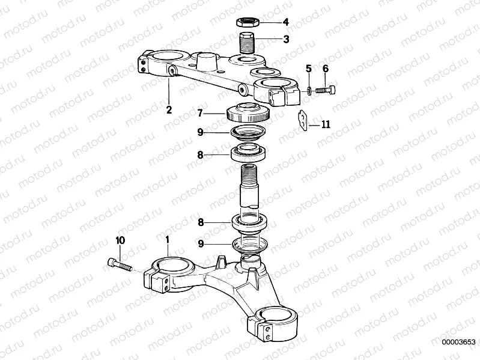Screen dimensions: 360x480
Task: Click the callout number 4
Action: [x=286, y=22]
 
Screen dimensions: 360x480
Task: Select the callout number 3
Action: [x=286, y=40]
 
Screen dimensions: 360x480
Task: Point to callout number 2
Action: [x=169, y=109]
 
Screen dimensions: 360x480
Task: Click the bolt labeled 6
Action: [x=325, y=90]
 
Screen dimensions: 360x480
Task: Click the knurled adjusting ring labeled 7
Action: [x=248, y=112]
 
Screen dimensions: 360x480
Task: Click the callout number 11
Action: [x=326, y=124]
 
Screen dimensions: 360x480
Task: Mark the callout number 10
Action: [x=120, y=240]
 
